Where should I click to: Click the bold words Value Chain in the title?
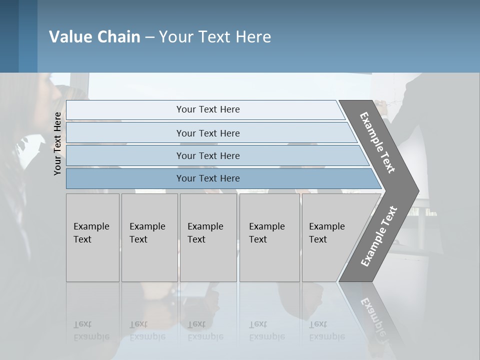(94, 37)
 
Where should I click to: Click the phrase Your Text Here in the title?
(215, 37)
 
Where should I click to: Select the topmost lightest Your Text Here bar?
(208, 109)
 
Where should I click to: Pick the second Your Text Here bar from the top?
(208, 133)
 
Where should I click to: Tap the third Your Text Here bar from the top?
(208, 155)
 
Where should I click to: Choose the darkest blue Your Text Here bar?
(208, 178)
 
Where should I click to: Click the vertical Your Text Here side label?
(57, 143)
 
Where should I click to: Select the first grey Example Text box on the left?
(92, 237)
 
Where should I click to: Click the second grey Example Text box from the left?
(149, 237)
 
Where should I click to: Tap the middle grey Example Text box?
(208, 237)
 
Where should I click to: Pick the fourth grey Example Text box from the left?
(269, 237)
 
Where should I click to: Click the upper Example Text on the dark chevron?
(377, 142)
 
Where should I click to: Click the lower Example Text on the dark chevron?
(379, 236)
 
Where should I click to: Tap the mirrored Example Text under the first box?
(91, 330)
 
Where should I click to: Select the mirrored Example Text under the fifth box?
(327, 330)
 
